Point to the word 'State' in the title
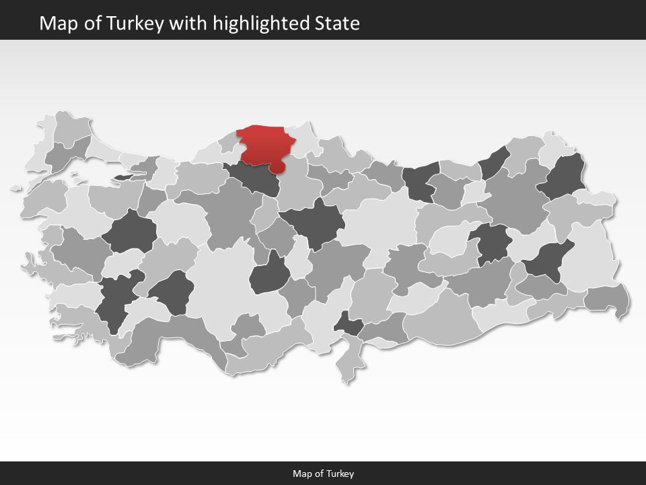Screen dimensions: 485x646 (x=337, y=24)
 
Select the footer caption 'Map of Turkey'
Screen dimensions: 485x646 (x=323, y=474)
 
